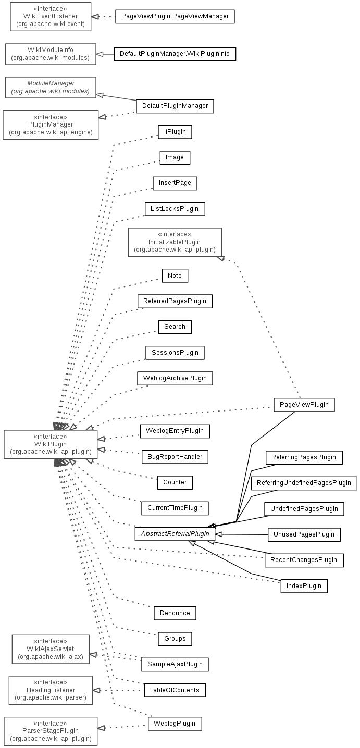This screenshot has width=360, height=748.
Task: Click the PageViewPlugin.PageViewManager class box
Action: tap(175, 17)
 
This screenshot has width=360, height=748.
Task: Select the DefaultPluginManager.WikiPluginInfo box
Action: tap(175, 54)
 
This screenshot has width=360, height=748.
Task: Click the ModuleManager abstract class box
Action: tap(51, 87)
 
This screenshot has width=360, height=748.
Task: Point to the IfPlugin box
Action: tap(175, 132)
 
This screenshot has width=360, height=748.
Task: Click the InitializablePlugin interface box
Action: tap(175, 242)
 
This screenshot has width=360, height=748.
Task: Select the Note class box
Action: tap(175, 275)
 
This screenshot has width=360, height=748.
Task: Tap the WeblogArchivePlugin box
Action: tap(175, 378)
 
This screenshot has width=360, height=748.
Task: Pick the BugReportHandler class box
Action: tap(175, 457)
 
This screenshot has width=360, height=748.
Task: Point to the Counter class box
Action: tap(175, 482)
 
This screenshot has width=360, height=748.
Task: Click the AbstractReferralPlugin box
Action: tap(175, 534)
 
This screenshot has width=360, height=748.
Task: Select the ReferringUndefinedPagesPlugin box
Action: tap(304, 483)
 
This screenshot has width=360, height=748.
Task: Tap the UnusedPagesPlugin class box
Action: tap(304, 534)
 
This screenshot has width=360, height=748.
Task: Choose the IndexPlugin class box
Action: tap(304, 586)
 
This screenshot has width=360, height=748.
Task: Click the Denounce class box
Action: tap(175, 613)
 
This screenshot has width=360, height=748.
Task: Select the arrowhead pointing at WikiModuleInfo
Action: tap(100, 54)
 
